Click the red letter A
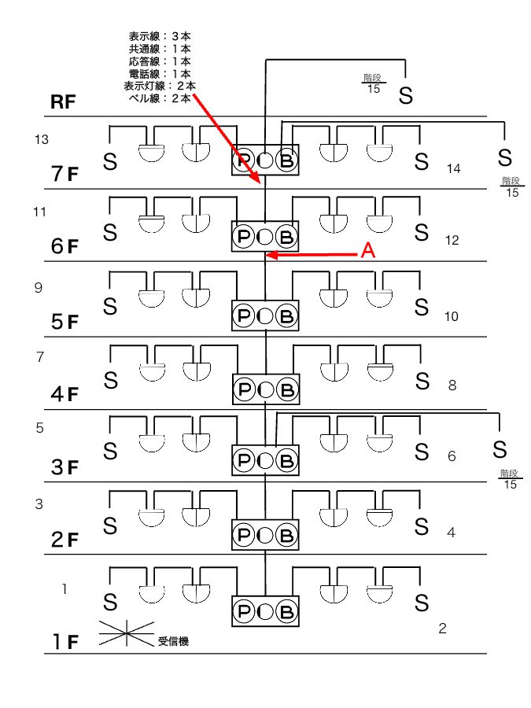coord(368,250)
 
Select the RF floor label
coord(63,102)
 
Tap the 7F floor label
coord(65,173)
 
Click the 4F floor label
coord(65,394)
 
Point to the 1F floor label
coord(65,642)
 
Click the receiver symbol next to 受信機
coord(127,633)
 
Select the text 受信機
coord(173,641)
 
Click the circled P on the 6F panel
coord(244,236)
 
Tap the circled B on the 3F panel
coord(286,461)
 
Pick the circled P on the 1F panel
coord(244,612)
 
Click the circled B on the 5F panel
coord(286,315)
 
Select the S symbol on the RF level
coord(405,96)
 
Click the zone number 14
coord(453,169)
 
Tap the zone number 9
coord(39,288)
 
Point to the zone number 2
coord(442,628)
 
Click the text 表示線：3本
coord(160,36)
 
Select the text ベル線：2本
coord(160,98)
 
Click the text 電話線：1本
coord(160,74)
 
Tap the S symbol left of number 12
coord(422,233)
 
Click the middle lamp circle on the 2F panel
coord(265,536)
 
